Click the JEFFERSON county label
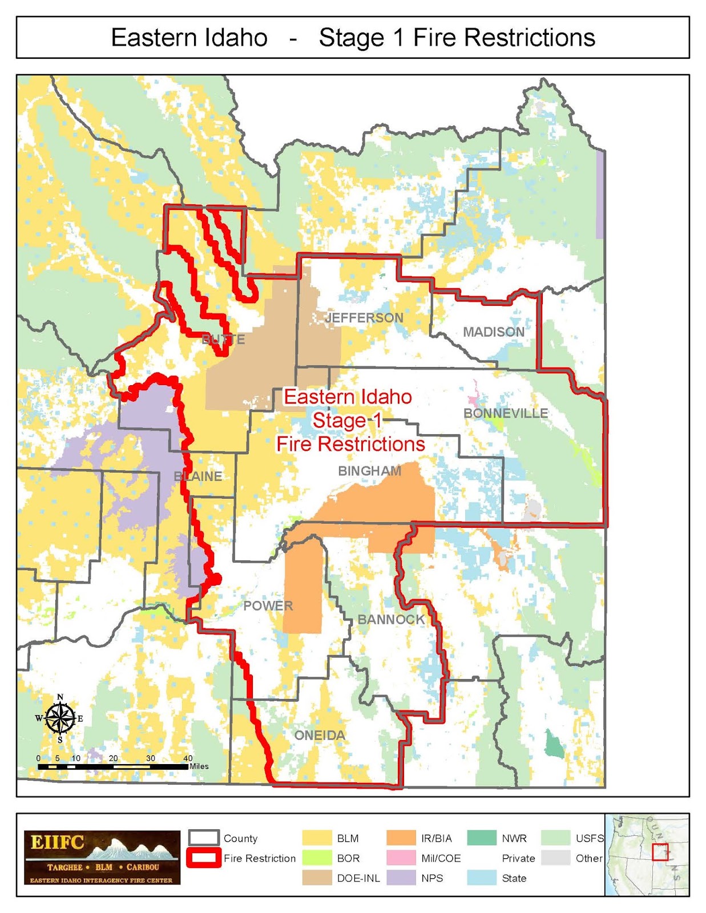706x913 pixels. [x=364, y=318]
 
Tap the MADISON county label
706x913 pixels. [x=494, y=332]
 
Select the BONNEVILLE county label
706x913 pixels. [x=506, y=413]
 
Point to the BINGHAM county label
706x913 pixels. [x=369, y=471]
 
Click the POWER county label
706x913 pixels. [x=268, y=606]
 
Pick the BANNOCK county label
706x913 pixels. [x=391, y=620]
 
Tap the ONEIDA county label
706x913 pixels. [x=320, y=736]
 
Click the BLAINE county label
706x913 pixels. [x=198, y=476]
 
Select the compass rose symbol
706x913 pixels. [x=60, y=718]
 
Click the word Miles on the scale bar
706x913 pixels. [x=199, y=766]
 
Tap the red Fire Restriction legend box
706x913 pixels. [x=204, y=858]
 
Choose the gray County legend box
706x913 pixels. [x=204, y=838]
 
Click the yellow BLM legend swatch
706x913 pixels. [x=317, y=838]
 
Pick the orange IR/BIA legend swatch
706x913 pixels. [x=401, y=838]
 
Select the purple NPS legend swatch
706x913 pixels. [x=401, y=878]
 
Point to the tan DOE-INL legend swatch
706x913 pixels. [x=317, y=878]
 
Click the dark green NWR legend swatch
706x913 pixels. [x=482, y=838]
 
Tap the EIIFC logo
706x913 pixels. [x=102, y=857]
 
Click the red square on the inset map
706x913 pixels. [x=660, y=852]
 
